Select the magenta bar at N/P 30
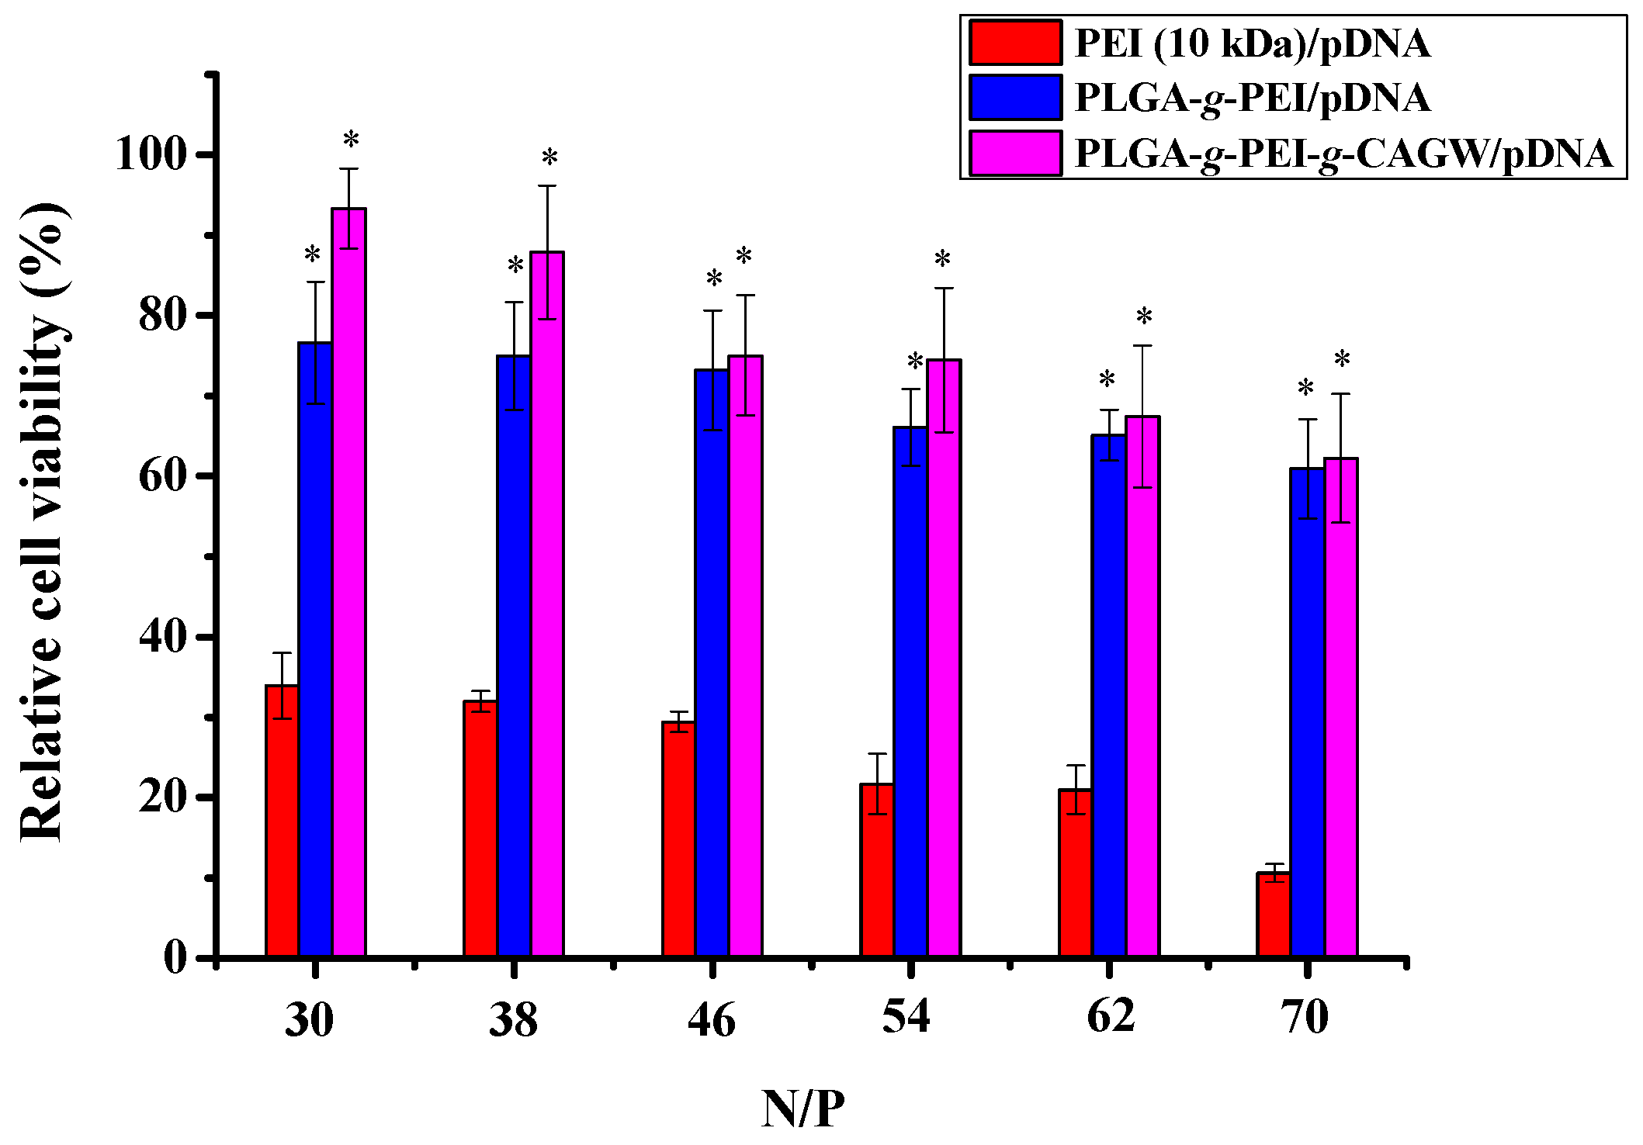[348, 582]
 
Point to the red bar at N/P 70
[1274, 915]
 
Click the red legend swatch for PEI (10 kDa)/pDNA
[1015, 43]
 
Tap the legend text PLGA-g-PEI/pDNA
[1252, 99]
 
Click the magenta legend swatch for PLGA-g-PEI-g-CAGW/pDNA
[1015, 154]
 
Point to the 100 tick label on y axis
[151, 154]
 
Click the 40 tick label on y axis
[163, 637]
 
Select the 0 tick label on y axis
[175, 958]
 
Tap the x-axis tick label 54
[906, 1016]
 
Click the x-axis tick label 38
[513, 1019]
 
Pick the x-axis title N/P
[802, 1109]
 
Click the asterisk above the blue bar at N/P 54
[915, 362]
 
